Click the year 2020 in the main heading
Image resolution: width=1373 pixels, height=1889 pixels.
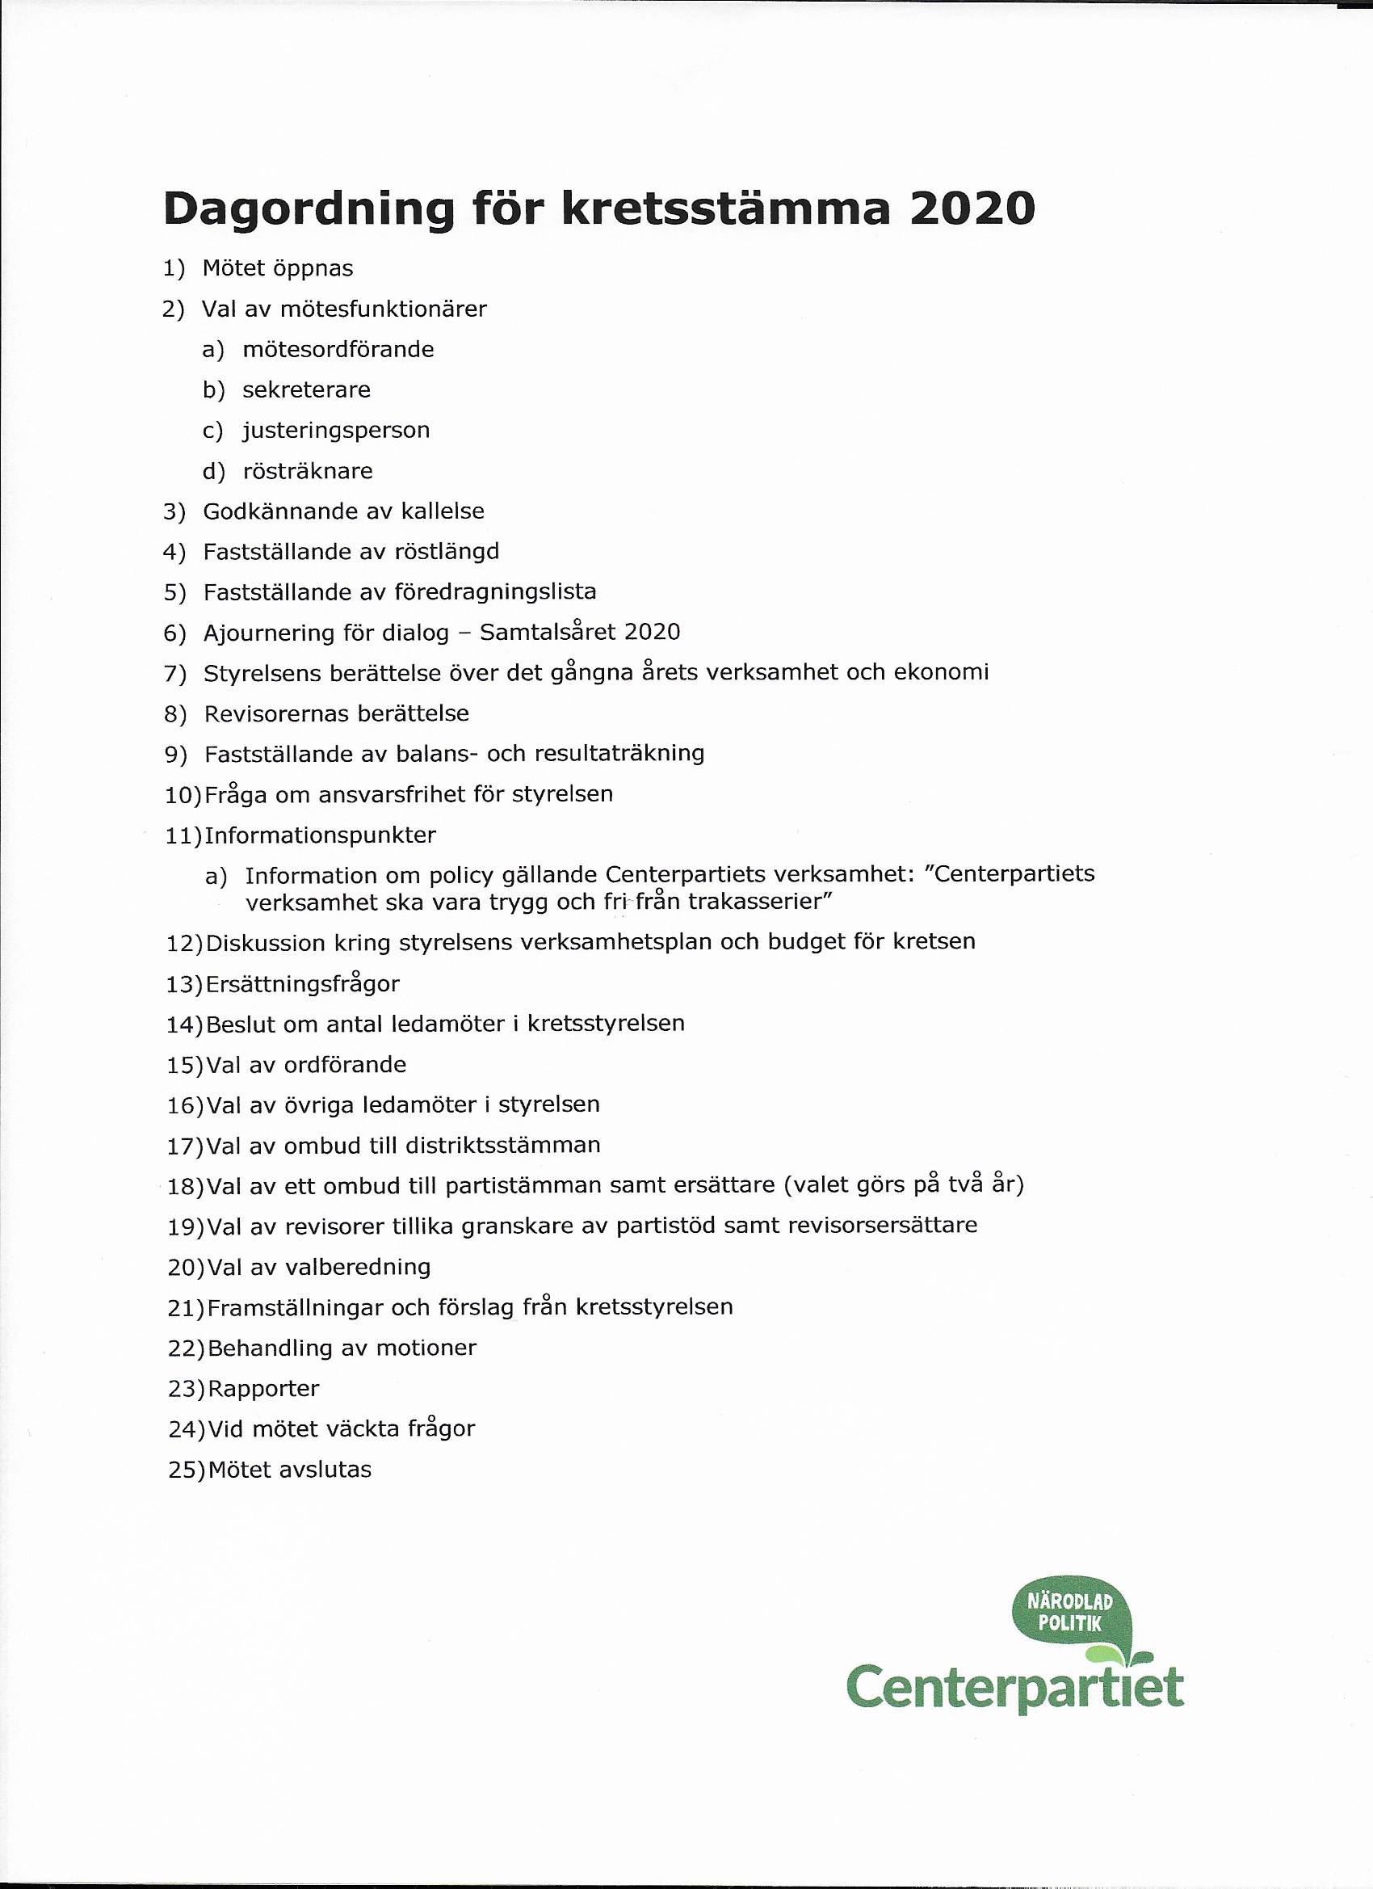click(972, 209)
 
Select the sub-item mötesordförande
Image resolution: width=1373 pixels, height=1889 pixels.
click(338, 349)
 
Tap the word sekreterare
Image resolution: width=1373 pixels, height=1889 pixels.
click(306, 389)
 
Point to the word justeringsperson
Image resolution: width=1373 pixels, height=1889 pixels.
click(336, 431)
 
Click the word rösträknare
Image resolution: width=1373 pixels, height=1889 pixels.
click(307, 471)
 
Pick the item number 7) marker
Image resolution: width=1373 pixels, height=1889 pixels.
click(174, 674)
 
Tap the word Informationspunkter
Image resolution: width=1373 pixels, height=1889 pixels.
click(321, 835)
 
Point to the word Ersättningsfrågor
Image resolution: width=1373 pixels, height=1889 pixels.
click(302, 983)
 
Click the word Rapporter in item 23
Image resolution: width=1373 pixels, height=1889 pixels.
click(263, 1388)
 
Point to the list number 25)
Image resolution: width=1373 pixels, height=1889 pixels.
click(186, 1470)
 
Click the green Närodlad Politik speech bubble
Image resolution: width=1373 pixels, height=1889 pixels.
click(1070, 1613)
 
